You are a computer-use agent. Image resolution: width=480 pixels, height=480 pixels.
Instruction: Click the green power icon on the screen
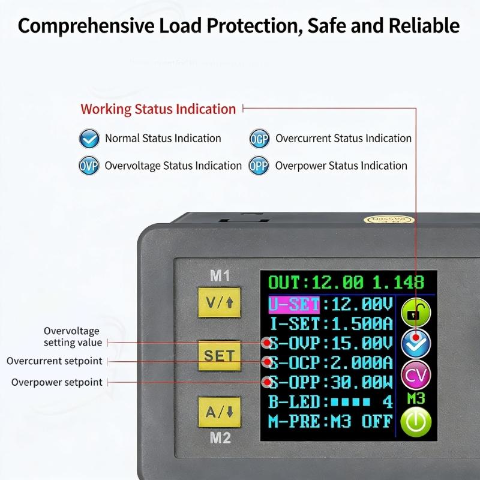(x=416, y=422)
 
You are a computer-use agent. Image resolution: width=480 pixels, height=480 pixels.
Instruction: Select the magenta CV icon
(x=416, y=376)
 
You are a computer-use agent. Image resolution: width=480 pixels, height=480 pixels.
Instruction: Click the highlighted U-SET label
(x=294, y=305)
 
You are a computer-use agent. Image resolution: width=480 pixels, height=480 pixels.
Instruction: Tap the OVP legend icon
(x=89, y=166)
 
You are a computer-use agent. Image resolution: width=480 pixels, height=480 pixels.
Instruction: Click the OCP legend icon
(x=259, y=139)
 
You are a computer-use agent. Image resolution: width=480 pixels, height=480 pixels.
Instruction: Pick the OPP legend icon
(x=259, y=166)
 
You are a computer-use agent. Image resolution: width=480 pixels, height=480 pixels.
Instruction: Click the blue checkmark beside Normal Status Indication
(x=89, y=139)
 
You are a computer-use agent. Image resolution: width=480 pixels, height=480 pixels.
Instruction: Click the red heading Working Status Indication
(x=158, y=109)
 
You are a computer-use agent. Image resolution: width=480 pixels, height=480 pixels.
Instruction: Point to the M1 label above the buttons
(x=220, y=276)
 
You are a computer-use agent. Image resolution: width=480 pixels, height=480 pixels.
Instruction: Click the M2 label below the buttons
(x=220, y=438)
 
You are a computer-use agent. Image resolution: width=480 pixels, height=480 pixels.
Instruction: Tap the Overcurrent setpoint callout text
(x=55, y=361)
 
